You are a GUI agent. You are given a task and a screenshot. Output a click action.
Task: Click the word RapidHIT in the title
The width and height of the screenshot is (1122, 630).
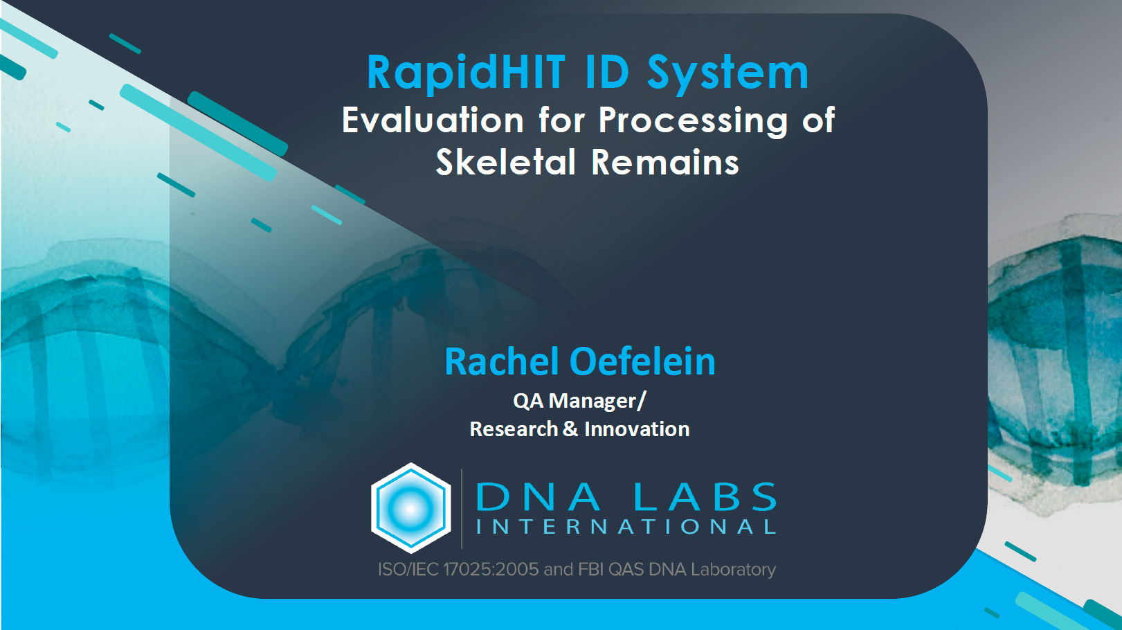tap(467, 73)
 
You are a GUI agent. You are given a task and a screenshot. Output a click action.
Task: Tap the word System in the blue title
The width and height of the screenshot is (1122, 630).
tap(727, 73)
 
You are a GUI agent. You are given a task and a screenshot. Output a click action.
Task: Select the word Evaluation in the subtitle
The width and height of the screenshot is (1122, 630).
tap(433, 120)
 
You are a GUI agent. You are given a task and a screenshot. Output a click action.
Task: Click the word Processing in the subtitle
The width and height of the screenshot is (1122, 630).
tap(694, 120)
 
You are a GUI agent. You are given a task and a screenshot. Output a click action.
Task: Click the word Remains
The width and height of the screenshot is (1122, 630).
tap(665, 162)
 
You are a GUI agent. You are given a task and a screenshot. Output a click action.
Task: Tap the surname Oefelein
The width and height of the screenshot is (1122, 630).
tap(642, 361)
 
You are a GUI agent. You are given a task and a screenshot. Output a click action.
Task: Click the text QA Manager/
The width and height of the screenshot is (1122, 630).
tap(579, 401)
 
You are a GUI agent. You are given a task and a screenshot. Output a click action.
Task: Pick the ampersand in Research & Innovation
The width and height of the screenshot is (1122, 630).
tap(570, 429)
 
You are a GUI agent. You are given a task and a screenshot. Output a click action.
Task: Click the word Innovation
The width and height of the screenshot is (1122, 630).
tap(637, 429)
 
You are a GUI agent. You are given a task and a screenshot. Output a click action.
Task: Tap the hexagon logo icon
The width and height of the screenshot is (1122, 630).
tap(410, 508)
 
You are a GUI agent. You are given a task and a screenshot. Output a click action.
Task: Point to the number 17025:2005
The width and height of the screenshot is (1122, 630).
tap(490, 569)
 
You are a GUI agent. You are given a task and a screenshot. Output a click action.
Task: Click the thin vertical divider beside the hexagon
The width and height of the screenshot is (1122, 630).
tap(461, 509)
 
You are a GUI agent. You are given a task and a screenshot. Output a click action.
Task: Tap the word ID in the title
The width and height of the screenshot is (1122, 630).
tap(606, 72)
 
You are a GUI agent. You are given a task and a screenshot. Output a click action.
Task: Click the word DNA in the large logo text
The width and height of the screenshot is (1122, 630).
tap(538, 496)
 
